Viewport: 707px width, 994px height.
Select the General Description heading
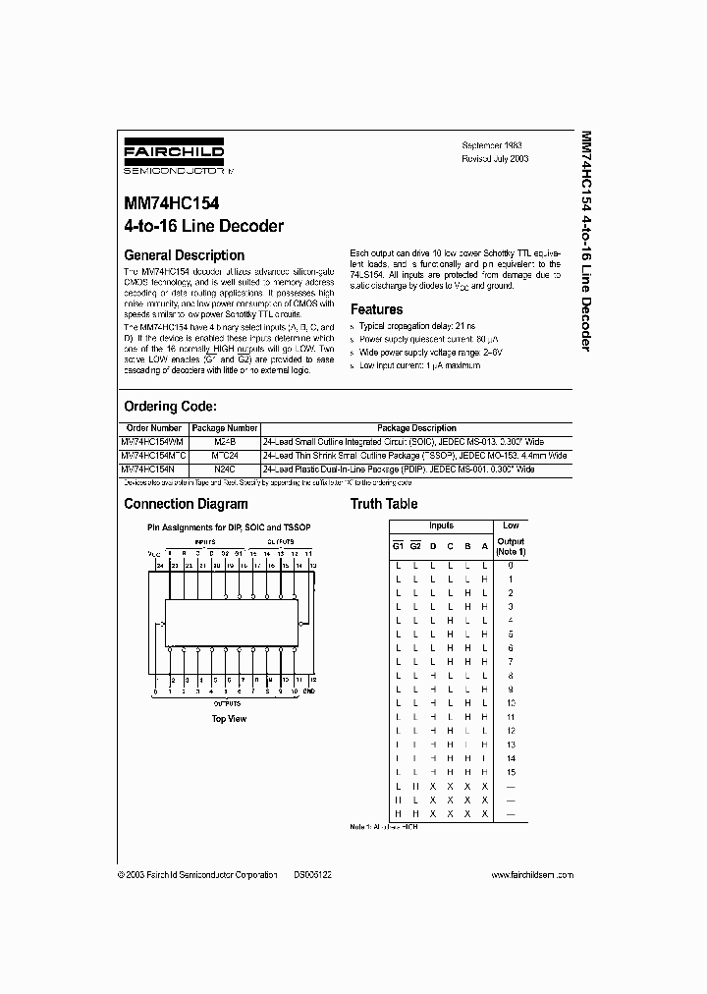click(x=184, y=255)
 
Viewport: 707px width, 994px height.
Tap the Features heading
click(x=377, y=309)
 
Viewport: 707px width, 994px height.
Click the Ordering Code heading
click(x=170, y=406)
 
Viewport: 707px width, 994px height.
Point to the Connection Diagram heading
click(x=186, y=504)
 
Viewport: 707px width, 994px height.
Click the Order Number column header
click(x=153, y=428)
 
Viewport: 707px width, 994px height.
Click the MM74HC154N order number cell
click(x=147, y=470)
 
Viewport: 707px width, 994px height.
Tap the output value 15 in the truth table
click(x=511, y=772)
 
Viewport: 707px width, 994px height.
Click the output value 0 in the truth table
click(x=511, y=566)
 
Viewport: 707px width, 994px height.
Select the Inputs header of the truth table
click(x=442, y=525)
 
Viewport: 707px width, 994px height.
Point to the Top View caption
click(x=229, y=719)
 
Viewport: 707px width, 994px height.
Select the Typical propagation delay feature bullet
click(x=417, y=324)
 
